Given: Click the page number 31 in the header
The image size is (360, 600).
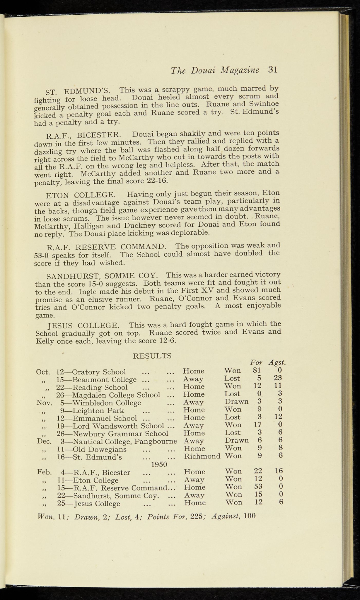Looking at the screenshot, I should [x=272, y=70].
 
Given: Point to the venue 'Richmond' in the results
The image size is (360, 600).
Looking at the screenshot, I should [x=202, y=456].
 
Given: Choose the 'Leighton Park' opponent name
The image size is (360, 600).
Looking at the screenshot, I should [x=98, y=410].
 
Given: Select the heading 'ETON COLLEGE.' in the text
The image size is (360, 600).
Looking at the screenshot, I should [x=81, y=195].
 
